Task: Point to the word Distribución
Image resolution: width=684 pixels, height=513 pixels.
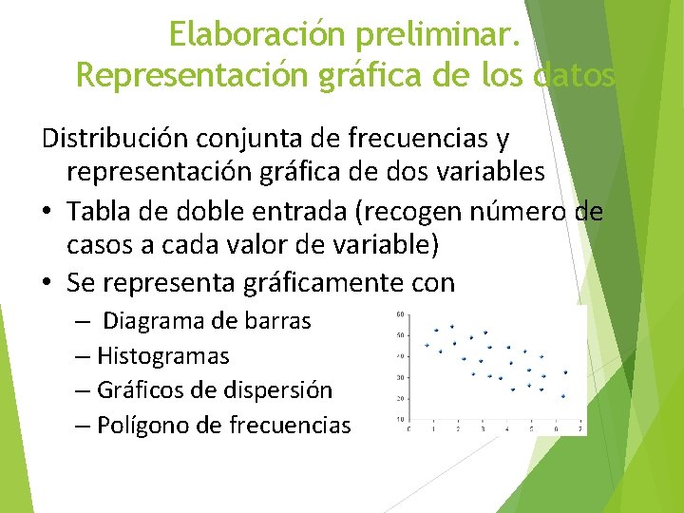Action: (x=115, y=140)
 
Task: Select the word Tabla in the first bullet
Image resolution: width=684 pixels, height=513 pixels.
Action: (x=119, y=211)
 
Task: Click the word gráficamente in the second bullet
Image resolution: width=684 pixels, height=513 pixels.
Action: (x=318, y=283)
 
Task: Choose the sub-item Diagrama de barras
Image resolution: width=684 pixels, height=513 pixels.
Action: (x=206, y=321)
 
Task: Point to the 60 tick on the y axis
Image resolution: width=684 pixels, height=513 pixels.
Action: (x=400, y=313)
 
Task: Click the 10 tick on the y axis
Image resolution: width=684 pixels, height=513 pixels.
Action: (x=400, y=419)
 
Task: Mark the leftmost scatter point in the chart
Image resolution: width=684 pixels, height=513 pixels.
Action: (x=427, y=344)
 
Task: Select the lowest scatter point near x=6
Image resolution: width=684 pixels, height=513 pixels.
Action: (x=564, y=395)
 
